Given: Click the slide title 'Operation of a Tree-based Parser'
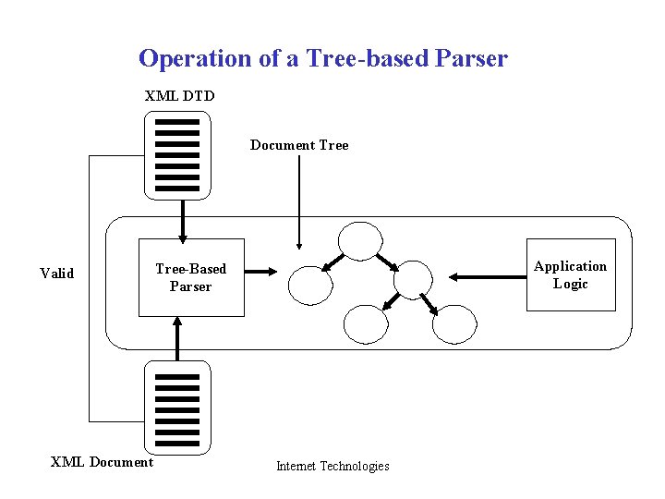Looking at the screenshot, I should pyautogui.click(x=322, y=58).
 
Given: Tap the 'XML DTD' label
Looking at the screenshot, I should pyautogui.click(x=180, y=94).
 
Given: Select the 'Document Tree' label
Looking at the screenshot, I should pyautogui.click(x=299, y=145).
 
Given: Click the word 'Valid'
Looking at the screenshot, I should pyautogui.click(x=57, y=273).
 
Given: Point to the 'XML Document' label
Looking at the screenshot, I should pyautogui.click(x=102, y=461).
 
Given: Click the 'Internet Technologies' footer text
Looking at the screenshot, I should pyautogui.click(x=332, y=466).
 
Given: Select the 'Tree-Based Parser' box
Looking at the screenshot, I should pyautogui.click(x=191, y=277).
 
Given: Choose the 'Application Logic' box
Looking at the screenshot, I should pyautogui.click(x=570, y=274).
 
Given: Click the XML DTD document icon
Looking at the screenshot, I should pyautogui.click(x=177, y=155).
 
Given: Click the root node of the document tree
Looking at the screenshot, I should pyautogui.click(x=359, y=240).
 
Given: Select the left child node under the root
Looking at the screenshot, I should pyautogui.click(x=310, y=285).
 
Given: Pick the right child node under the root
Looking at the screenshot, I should pyautogui.click(x=412, y=279).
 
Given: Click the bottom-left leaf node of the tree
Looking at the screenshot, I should pyautogui.click(x=366, y=323).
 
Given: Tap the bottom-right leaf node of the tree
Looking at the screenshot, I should pyautogui.click(x=454, y=323).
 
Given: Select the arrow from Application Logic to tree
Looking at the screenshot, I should pyautogui.click(x=486, y=275).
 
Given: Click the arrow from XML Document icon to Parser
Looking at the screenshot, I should pyautogui.click(x=177, y=338).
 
